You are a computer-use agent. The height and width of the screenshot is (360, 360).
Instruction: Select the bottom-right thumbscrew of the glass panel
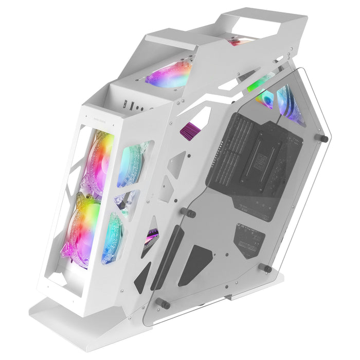[x=267, y=268]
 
